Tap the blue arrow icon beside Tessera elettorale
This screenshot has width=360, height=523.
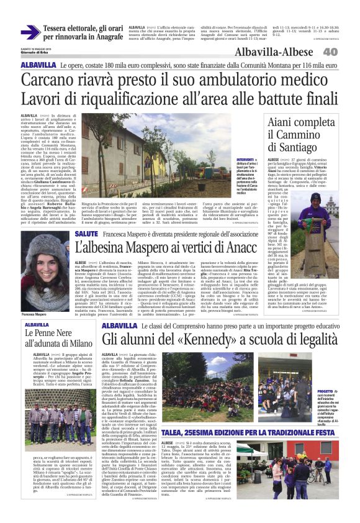coord(30,32)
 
